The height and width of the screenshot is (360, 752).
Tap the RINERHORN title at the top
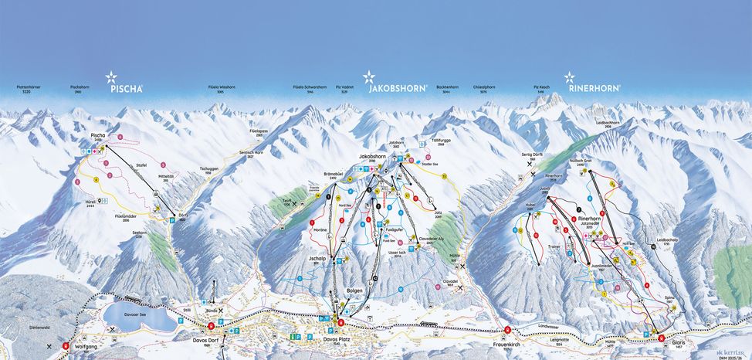point(594,88)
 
